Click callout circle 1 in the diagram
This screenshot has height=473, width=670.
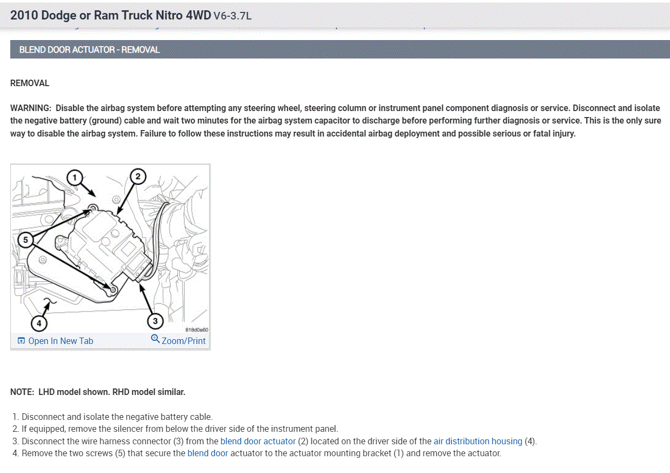coord(75,177)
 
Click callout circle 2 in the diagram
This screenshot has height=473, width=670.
coord(138,177)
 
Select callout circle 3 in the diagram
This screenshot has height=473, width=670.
coord(155,321)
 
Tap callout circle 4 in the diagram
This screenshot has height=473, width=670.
coord(38,323)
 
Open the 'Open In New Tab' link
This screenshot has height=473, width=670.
coord(60,341)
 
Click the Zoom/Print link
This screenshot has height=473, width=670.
coord(183,341)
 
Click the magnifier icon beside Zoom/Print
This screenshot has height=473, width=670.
coord(155,339)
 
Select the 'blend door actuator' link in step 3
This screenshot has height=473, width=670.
coord(258,441)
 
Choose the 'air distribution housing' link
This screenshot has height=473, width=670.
coord(478,441)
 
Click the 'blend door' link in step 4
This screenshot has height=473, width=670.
coord(207,453)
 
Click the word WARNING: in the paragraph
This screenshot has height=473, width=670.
coord(31,108)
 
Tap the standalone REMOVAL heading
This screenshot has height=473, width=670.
coord(30,83)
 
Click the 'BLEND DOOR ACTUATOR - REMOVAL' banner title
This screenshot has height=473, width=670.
coord(89,50)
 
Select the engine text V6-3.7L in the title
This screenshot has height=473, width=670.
coord(232,16)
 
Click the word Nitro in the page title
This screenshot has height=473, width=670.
coord(168,15)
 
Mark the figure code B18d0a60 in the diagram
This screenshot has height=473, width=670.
coord(197,329)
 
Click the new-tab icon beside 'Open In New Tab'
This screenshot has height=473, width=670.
coord(21,341)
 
